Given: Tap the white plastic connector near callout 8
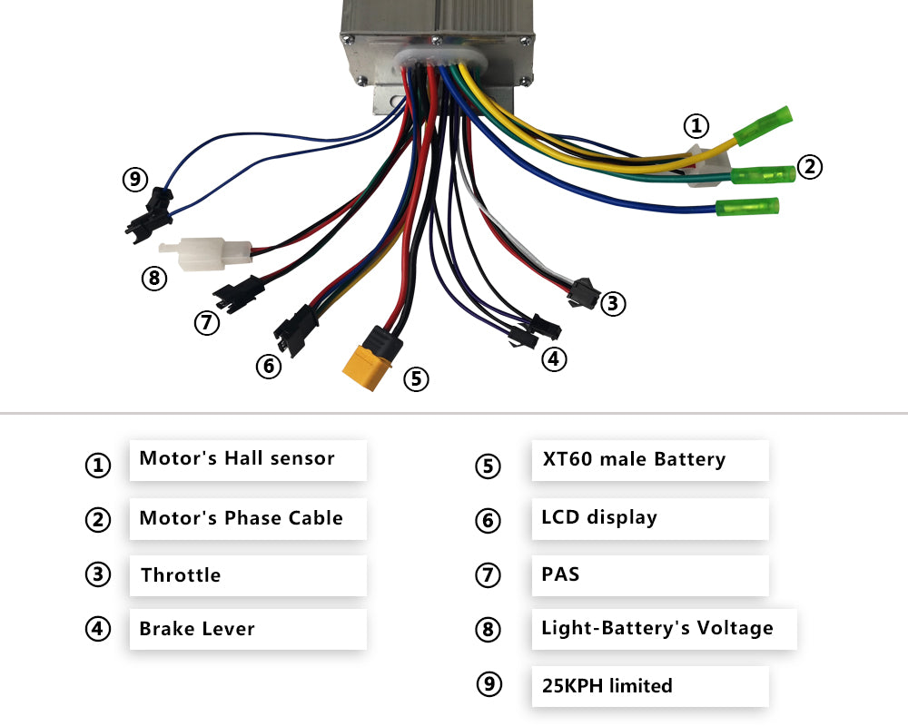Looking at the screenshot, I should (206, 251).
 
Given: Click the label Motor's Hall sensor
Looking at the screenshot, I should (237, 459).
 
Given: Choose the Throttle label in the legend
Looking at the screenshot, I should (181, 575).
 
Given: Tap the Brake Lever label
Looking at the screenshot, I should (197, 629).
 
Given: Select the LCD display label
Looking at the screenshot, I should (599, 518).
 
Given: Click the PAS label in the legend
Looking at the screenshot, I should (560, 574).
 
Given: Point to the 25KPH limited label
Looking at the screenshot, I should (607, 686).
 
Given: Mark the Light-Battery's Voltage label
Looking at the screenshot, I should (657, 628).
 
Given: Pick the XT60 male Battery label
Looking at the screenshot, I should (634, 460).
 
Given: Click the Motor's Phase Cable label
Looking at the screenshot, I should (241, 519).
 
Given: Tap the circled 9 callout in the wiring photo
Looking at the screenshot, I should (134, 180).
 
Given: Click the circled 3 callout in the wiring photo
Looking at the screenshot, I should (614, 303).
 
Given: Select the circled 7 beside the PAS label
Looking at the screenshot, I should (488, 575).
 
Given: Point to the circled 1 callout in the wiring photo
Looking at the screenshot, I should (696, 125).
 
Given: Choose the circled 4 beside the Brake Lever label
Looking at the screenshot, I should (97, 629).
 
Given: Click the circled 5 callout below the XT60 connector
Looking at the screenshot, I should (415, 378).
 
